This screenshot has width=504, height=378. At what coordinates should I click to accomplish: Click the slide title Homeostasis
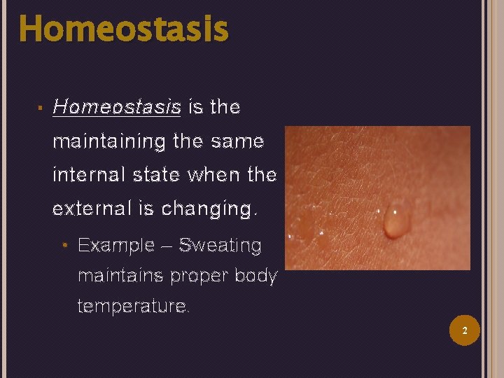123,29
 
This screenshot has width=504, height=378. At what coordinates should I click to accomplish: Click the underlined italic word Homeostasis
117,107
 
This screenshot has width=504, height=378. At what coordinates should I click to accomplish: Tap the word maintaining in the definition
106,142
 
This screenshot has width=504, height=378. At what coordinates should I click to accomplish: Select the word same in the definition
239,141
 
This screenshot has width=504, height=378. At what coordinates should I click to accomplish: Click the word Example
116,246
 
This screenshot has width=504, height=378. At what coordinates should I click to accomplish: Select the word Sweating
220,246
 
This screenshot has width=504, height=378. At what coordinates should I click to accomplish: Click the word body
258,276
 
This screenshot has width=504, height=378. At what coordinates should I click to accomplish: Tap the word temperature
132,307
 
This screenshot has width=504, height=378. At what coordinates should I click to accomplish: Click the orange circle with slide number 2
464,330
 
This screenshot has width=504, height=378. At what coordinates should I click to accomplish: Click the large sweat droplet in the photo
396,220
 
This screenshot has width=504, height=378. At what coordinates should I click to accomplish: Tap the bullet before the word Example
64,246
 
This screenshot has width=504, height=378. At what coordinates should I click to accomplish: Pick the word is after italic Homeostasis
195,107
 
